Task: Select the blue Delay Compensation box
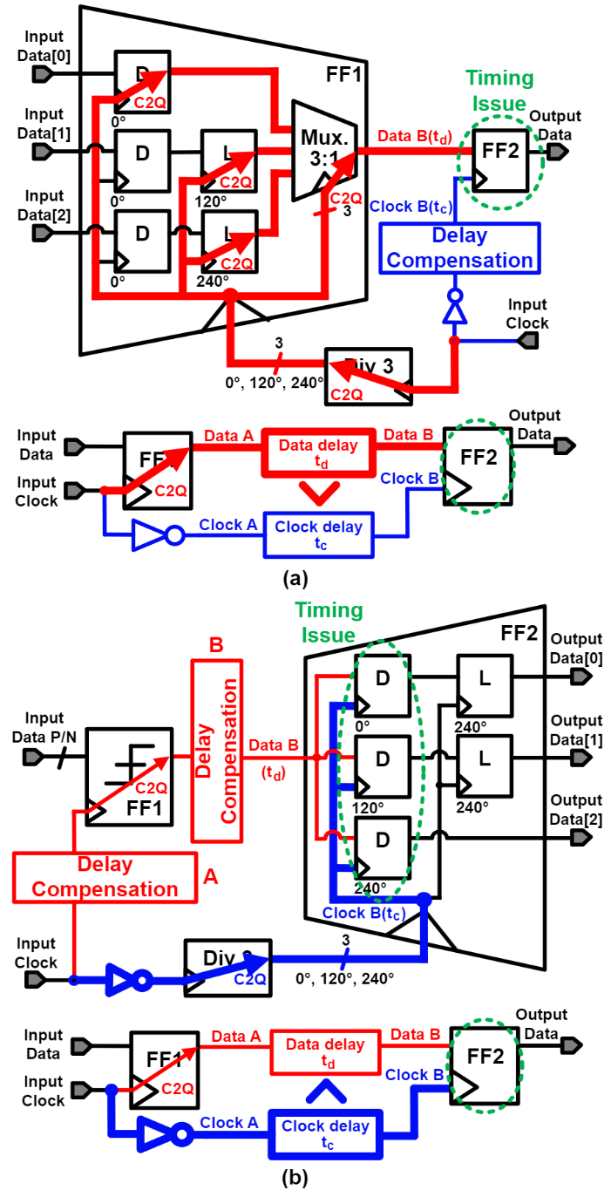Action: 460,248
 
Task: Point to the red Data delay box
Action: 317,452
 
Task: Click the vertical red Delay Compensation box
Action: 216,751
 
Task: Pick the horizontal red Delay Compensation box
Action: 105,877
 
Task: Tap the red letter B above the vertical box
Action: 215,646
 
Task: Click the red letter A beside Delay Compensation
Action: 210,876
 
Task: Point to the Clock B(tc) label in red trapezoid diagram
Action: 363,913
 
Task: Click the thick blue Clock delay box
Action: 324,1134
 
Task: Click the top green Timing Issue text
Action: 499,91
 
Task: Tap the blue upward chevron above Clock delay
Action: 326,1090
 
